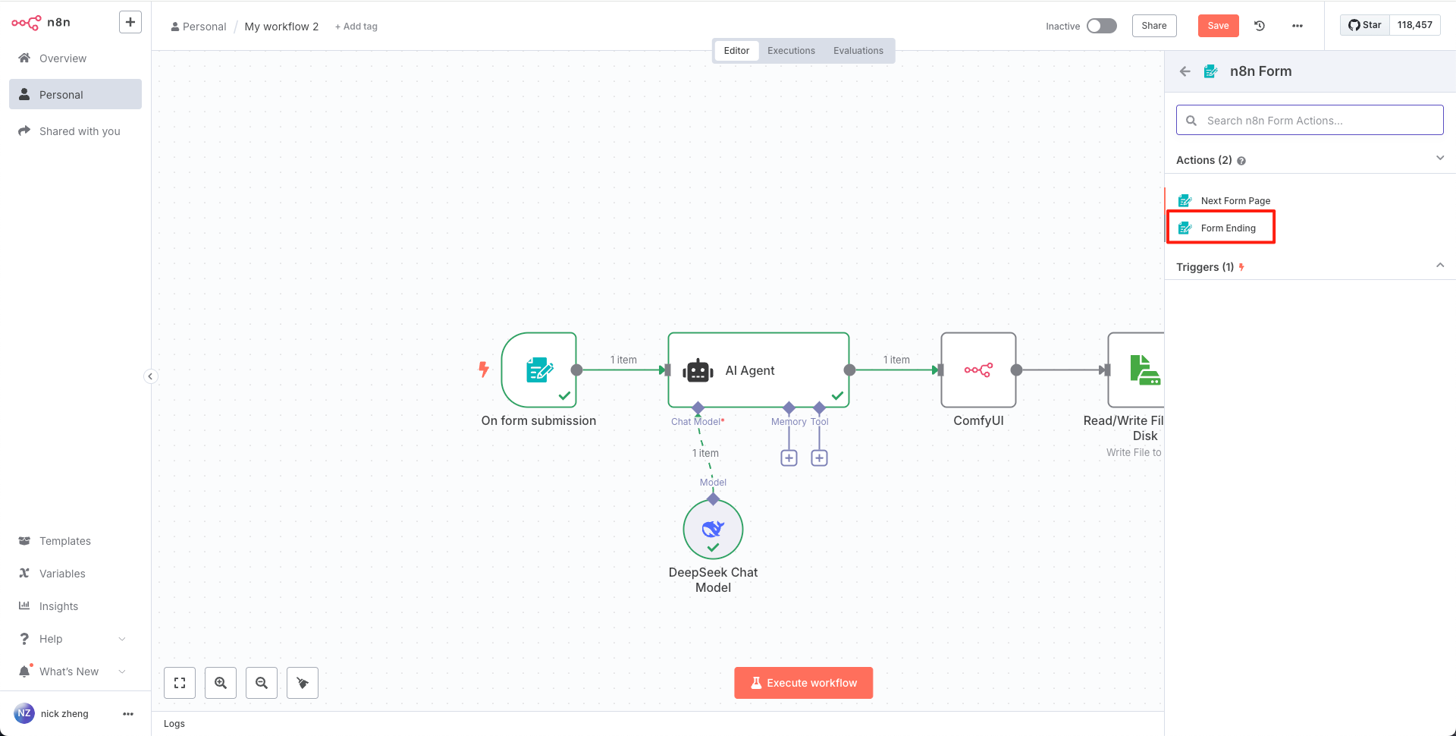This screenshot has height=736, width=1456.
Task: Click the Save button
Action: pyautogui.click(x=1218, y=26)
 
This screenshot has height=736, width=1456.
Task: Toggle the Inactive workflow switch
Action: pyautogui.click(x=1101, y=26)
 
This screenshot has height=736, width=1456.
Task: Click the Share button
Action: pyautogui.click(x=1154, y=26)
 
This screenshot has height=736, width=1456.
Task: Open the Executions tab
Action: pyautogui.click(x=791, y=51)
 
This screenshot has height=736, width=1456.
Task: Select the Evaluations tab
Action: pyautogui.click(x=858, y=51)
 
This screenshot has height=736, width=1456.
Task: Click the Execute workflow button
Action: pyautogui.click(x=804, y=683)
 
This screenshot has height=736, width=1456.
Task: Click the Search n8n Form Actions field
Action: pyautogui.click(x=1310, y=121)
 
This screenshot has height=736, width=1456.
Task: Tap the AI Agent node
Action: pyautogui.click(x=758, y=370)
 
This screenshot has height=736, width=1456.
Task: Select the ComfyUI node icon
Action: pyautogui.click(x=978, y=370)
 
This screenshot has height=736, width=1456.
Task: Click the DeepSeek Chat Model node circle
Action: pyautogui.click(x=713, y=530)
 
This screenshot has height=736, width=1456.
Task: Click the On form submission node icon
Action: pyautogui.click(x=539, y=370)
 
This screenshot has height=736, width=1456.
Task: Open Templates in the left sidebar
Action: pyautogui.click(x=65, y=541)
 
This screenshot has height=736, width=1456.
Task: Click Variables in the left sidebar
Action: pyautogui.click(x=62, y=574)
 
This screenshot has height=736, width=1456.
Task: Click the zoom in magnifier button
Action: pyautogui.click(x=221, y=683)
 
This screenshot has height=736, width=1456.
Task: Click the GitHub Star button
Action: pyautogui.click(x=1365, y=25)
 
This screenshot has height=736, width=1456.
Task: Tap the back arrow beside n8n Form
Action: pyautogui.click(x=1185, y=71)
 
